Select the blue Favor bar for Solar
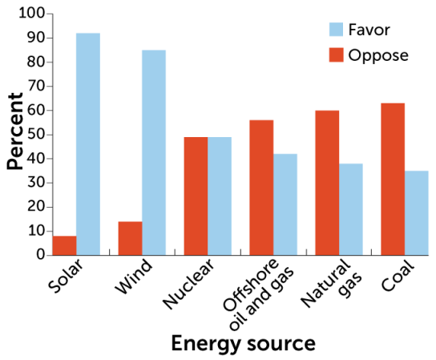click(88, 144)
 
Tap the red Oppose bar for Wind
click(131, 237)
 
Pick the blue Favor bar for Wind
click(154, 152)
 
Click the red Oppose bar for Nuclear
click(196, 196)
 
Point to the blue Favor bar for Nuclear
click(220, 196)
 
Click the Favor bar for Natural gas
click(351, 208)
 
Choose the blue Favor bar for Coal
click(417, 212)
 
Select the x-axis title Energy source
click(243, 343)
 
